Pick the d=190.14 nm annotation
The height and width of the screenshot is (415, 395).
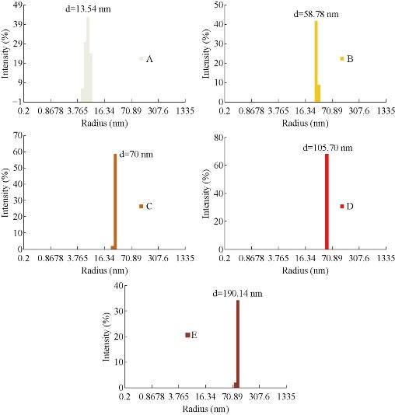tap(237, 294)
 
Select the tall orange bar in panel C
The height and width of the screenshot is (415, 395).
tap(115, 201)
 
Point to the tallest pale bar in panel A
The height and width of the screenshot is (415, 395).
tap(88, 59)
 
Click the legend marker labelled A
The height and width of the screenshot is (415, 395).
tap(142, 59)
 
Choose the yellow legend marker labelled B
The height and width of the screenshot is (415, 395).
tap(341, 58)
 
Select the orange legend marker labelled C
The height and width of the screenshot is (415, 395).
tap(142, 206)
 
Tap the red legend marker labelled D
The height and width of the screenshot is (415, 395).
tap(342, 206)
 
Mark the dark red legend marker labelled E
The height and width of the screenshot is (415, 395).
tap(187, 335)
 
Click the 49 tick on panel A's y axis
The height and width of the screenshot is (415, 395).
tap(16, 4)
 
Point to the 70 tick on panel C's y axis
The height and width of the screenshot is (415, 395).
tap(16, 136)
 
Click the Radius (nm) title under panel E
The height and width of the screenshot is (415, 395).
tap(204, 407)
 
